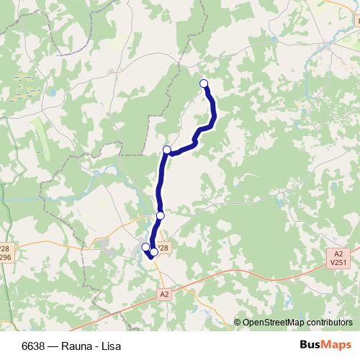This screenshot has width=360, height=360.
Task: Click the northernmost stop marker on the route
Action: coord(204,84)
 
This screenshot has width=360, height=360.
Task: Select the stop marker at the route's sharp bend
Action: coord(167,150)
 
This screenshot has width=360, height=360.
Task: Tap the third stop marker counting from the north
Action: coord(161,215)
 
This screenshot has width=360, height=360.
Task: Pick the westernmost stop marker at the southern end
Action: coord(145,248)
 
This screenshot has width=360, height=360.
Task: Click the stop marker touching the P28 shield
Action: coord(153,252)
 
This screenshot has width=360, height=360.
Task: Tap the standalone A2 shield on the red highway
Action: coord(164,294)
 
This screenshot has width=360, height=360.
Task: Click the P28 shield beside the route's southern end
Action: coord(163,248)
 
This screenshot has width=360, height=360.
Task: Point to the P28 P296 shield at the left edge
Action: coord(5,251)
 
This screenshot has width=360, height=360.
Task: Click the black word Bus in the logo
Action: coord(310,345)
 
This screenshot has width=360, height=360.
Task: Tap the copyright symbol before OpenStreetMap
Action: coord(238,323)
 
